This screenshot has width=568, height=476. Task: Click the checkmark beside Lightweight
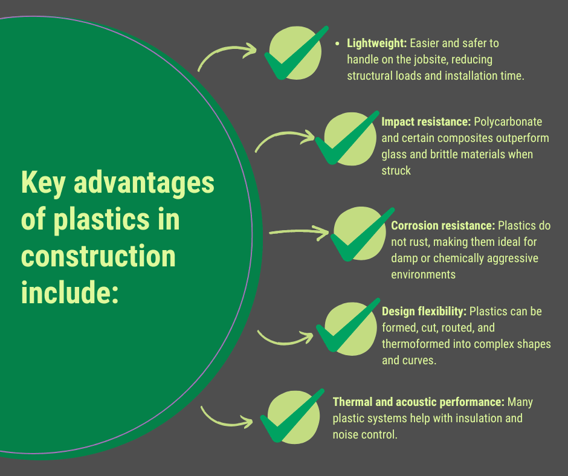(x=294, y=54)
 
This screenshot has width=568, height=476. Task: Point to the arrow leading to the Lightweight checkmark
(x=227, y=56)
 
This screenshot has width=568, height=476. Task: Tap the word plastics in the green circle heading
(x=98, y=219)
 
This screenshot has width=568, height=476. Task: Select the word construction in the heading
(x=98, y=256)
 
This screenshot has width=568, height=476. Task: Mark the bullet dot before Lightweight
(x=337, y=43)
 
